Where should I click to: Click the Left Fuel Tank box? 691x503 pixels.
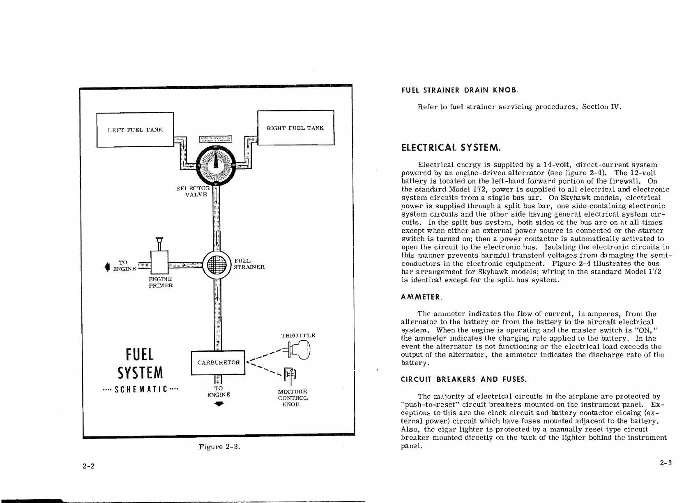(135, 129)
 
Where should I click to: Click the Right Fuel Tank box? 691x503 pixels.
(295, 127)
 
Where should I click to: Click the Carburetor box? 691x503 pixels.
(218, 362)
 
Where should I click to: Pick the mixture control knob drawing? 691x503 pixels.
(291, 376)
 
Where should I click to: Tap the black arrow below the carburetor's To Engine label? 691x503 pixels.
(219, 404)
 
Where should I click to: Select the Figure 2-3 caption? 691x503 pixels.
(219, 447)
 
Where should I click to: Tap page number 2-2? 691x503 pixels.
(88, 466)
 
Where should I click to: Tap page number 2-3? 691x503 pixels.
(666, 463)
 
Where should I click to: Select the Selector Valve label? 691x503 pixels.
(193, 191)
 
